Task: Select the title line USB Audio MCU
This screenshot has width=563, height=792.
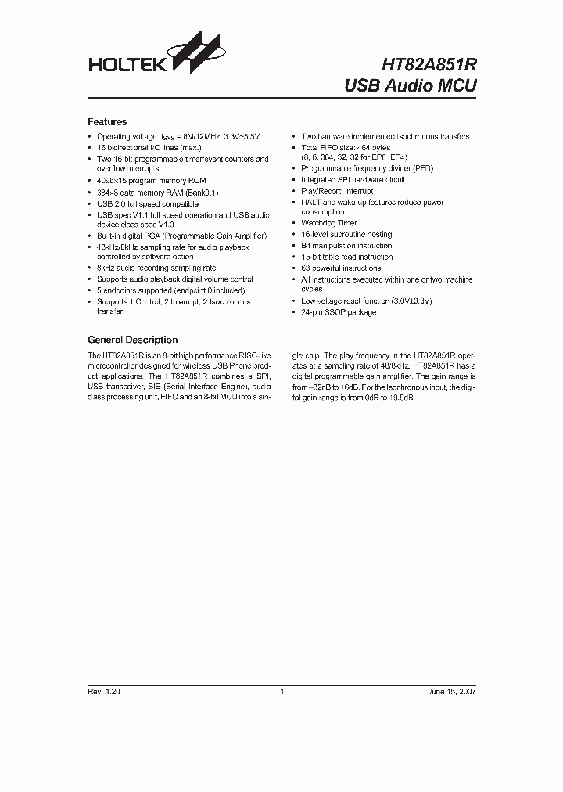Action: click(410, 85)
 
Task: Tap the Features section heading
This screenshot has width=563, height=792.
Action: click(107, 122)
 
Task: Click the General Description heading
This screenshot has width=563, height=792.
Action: click(132, 340)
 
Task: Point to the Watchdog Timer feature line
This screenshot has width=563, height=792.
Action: click(328, 223)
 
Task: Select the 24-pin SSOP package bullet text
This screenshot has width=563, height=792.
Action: click(339, 312)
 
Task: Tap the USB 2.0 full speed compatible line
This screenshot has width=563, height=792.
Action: click(148, 203)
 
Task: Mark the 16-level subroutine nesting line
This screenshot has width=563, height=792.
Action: click(346, 234)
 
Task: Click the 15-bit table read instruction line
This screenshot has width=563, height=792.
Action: click(346, 257)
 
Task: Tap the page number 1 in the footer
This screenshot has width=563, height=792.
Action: click(281, 692)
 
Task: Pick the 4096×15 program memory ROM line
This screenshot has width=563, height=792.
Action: click(149, 181)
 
